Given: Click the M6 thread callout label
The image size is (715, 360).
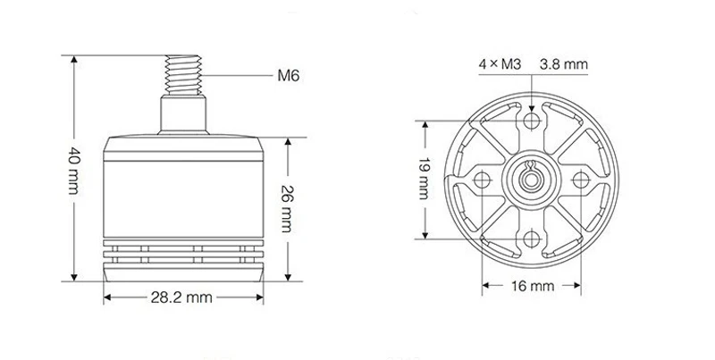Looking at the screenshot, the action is (288, 75).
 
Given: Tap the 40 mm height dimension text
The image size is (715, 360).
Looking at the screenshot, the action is (74, 171).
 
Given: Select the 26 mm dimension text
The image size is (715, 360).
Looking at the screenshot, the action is (287, 208).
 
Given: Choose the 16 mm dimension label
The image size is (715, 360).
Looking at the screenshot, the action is (532, 286).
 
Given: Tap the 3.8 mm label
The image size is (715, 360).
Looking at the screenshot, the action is (564, 64).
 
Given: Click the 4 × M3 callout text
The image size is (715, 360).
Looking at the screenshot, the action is (500, 64).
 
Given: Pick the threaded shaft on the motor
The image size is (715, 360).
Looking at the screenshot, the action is (183, 75).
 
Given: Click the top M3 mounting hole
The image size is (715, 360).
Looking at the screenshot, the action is (532, 121).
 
